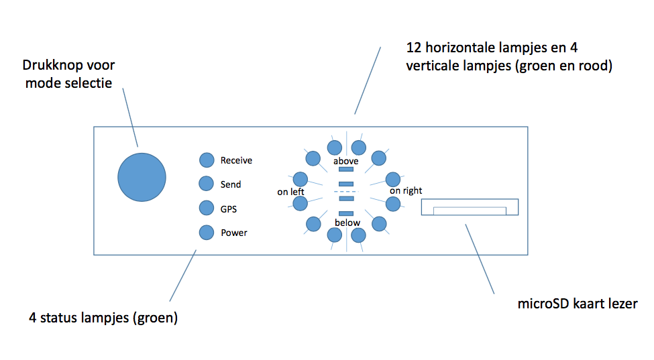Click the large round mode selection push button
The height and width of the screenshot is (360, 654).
[x=142, y=177]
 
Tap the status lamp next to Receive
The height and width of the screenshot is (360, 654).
[x=207, y=160]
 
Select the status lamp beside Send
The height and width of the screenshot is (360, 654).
[x=206, y=183]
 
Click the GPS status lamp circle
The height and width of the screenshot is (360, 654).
[x=207, y=208]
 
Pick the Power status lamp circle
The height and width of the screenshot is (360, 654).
[x=207, y=233]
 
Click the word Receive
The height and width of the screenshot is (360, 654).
[x=236, y=160]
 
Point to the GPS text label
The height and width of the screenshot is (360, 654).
[x=229, y=209]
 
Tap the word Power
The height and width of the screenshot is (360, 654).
[x=234, y=233]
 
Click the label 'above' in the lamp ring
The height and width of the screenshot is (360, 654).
[x=345, y=161]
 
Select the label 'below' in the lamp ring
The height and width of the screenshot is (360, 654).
[x=347, y=223]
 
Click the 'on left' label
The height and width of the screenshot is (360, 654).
[x=290, y=192]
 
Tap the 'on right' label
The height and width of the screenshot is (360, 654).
[x=406, y=191]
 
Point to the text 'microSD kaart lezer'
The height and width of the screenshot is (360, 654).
[x=578, y=304]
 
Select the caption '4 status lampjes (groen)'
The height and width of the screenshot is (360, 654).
[x=103, y=318]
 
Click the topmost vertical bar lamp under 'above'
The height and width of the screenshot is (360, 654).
[x=346, y=169]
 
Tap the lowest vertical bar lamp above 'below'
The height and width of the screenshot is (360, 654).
[x=346, y=213]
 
